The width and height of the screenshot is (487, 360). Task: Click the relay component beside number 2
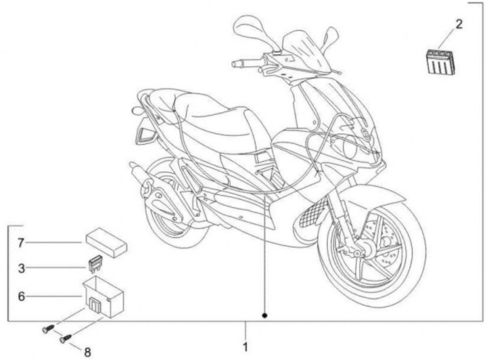(439, 59)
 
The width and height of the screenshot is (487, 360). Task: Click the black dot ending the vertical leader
(265, 315)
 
